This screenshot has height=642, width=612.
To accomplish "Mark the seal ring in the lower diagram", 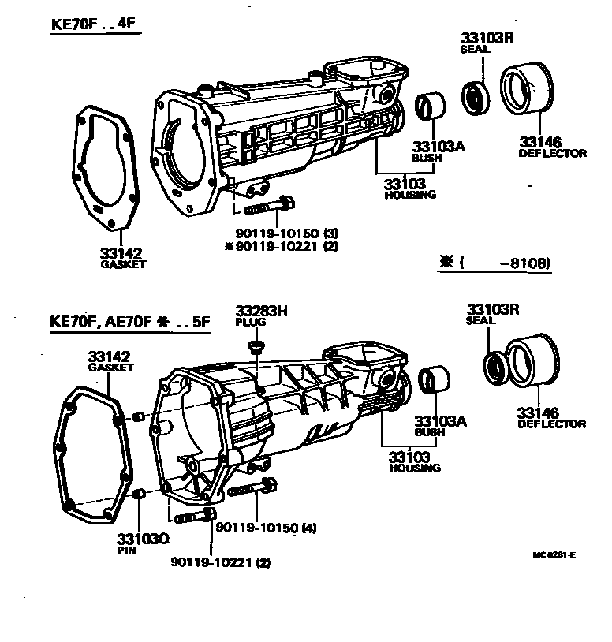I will [x=494, y=368].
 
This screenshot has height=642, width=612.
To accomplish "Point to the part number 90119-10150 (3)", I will [x=286, y=233].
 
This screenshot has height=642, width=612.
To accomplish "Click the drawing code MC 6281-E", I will [x=554, y=555].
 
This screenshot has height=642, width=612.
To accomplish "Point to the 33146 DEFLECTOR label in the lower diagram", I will [x=550, y=418].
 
